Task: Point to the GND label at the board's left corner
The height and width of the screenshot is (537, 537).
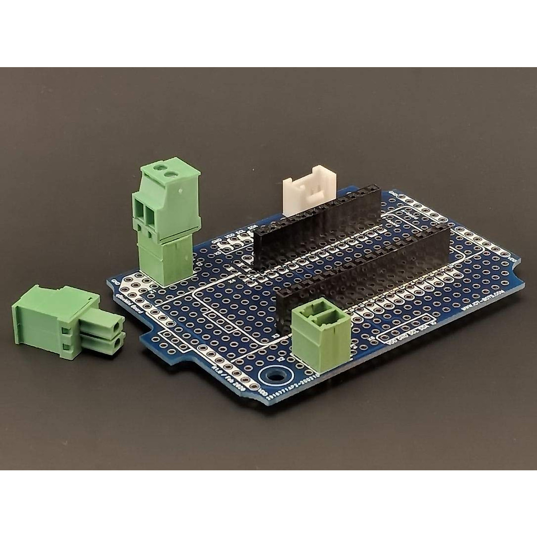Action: (x=115, y=281)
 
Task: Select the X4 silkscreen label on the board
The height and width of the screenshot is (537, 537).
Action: (x=232, y=281)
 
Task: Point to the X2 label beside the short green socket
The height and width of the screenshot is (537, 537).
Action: (x=281, y=358)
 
